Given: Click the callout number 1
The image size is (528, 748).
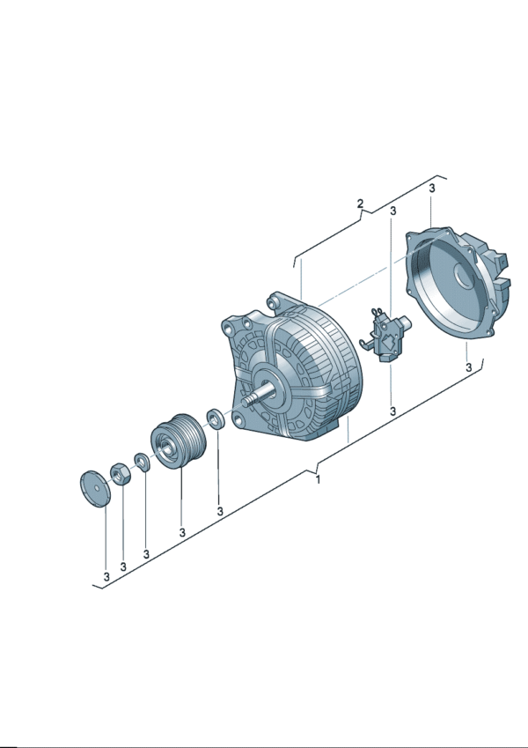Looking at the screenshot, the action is (318, 479).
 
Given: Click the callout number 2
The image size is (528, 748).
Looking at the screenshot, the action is (360, 204).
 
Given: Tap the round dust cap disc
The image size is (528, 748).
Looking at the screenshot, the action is (94, 489).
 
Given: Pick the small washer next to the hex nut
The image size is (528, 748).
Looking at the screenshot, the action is (142, 462).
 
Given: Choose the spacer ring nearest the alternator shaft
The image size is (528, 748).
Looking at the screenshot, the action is (216, 418).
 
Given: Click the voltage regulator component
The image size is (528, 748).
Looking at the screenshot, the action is (385, 335).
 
